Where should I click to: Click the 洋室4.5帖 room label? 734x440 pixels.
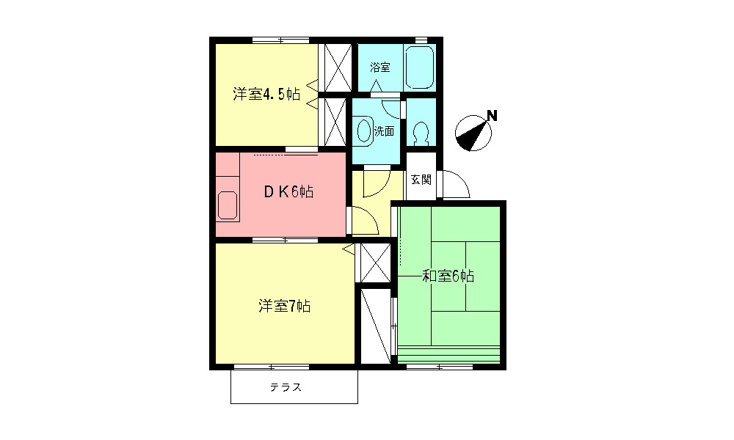(x=266, y=94)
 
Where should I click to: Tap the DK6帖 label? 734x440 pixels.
(x=289, y=192)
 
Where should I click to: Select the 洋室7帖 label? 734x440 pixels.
(x=284, y=306)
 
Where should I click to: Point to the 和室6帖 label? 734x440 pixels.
(x=448, y=276)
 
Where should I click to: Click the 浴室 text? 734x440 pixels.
(x=380, y=67)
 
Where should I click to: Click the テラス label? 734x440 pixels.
(x=286, y=388)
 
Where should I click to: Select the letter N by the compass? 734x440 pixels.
(x=492, y=115)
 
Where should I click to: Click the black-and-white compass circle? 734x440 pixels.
(x=472, y=134)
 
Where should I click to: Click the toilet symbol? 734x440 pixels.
(x=421, y=133)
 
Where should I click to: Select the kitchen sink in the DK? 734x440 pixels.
(x=228, y=204)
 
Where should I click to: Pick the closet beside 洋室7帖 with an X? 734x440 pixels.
(x=375, y=261)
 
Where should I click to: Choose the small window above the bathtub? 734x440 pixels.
(x=421, y=40)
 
